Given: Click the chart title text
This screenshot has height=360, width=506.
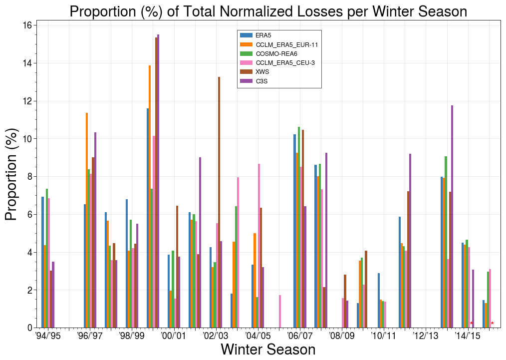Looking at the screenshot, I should (268, 11).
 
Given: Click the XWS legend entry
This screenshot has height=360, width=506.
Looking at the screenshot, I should (262, 71).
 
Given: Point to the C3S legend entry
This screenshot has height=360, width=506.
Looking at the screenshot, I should (262, 80).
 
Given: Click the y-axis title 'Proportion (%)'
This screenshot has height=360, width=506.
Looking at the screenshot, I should (11, 174).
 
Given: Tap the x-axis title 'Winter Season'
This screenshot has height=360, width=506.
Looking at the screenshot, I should (268, 349).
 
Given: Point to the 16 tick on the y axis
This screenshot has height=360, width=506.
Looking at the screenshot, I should (27, 25).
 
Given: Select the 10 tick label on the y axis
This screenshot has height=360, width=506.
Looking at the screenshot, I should (27, 139).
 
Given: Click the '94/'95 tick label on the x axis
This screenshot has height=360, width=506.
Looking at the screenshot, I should (48, 336).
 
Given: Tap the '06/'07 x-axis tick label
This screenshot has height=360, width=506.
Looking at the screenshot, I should (300, 336).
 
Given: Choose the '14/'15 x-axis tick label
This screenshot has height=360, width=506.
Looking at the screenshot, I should (468, 336).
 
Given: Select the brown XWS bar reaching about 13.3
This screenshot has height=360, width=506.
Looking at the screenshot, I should (219, 202).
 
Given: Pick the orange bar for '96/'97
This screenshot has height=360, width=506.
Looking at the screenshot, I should (87, 220).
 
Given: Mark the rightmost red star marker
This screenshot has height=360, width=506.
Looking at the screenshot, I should (493, 324).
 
